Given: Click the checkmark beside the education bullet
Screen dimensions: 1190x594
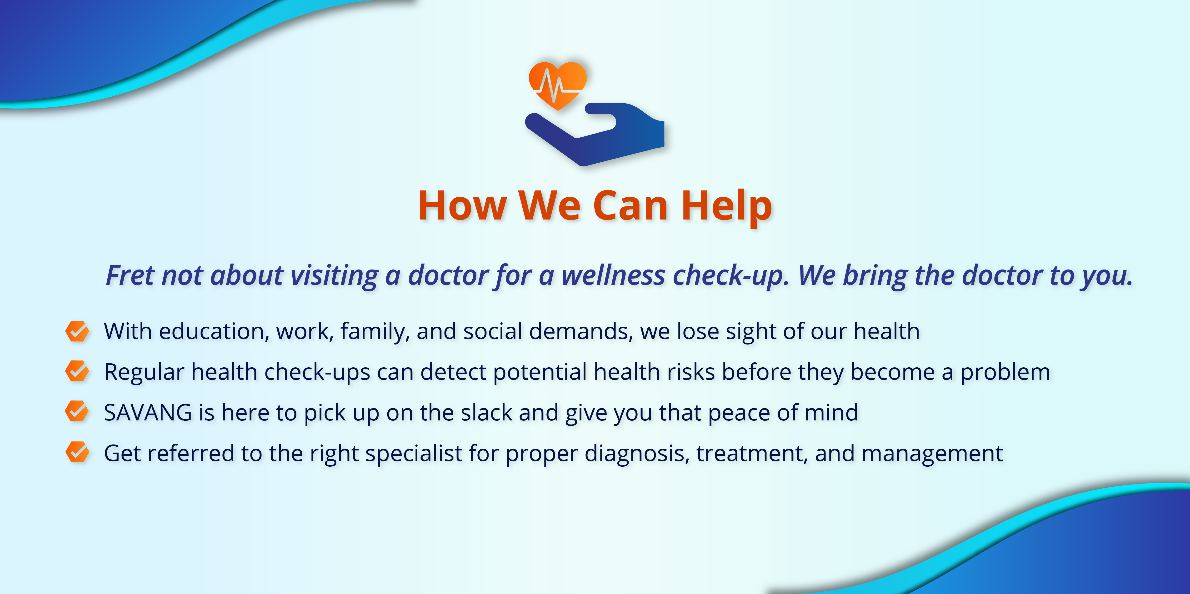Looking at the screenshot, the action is tap(77, 331).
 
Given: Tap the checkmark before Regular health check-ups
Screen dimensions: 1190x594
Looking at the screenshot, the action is tap(77, 371).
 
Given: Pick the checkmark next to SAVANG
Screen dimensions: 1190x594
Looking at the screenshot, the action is tap(77, 412).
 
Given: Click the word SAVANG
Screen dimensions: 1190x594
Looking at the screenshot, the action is tap(148, 413).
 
